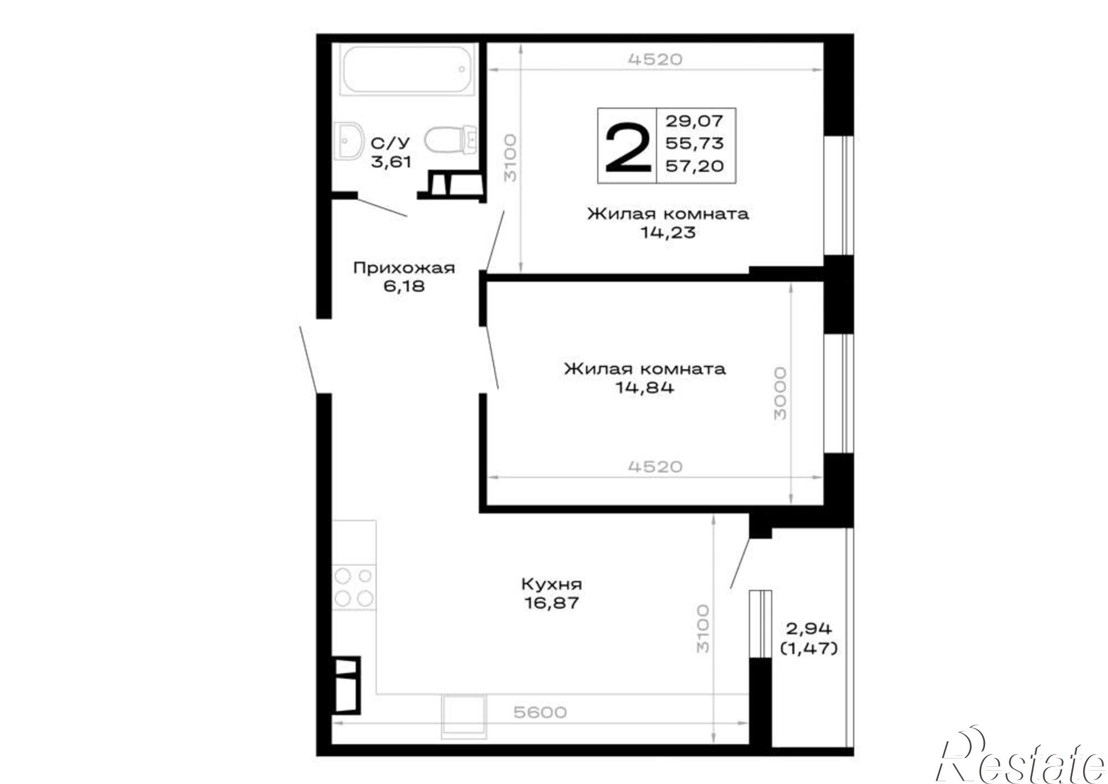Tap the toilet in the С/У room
click(x=450, y=139)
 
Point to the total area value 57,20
click(x=695, y=165)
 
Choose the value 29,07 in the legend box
click(x=695, y=120)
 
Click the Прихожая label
click(x=404, y=268)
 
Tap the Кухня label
click(x=552, y=584)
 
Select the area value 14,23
click(x=668, y=232)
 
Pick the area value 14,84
click(x=645, y=387)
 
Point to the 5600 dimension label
click(x=540, y=712)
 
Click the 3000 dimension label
click(x=779, y=393)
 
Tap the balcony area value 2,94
click(x=809, y=629)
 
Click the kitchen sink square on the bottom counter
click(x=464, y=716)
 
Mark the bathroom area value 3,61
click(x=391, y=162)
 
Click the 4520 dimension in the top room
click(x=655, y=59)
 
